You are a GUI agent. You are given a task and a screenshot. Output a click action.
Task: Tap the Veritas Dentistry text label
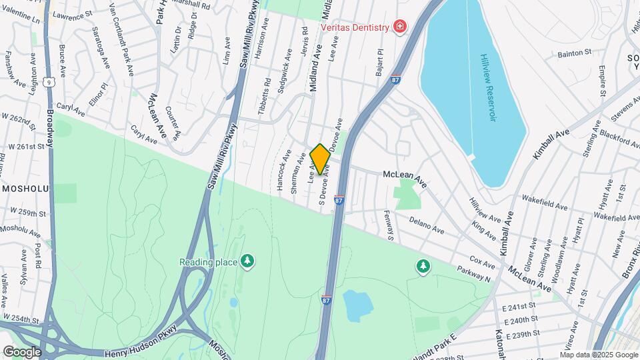point(354,27)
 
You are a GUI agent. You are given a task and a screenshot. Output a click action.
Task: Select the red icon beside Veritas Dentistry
point(399,27)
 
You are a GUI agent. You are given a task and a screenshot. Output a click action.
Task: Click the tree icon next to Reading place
point(247,261)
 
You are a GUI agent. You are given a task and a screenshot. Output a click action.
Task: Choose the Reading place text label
point(208,262)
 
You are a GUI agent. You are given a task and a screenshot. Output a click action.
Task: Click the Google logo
point(21,352)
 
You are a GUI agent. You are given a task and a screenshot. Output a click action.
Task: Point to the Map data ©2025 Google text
point(599,355)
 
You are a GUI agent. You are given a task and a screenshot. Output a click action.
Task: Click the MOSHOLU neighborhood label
point(25,189)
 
